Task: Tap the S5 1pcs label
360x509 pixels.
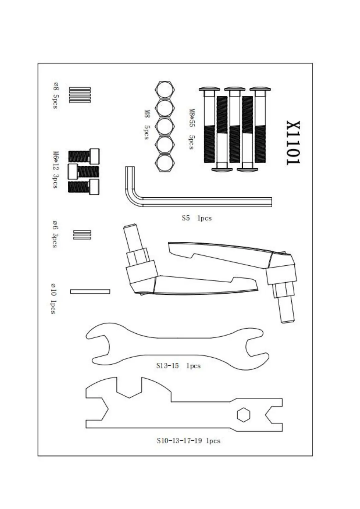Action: [196, 218]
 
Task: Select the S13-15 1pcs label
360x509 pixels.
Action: [178, 366]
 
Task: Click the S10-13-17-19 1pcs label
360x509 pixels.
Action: [188, 441]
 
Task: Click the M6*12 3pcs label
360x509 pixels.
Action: [55, 170]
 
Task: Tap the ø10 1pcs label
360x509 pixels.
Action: [54, 298]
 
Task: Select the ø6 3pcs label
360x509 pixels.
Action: [55, 234]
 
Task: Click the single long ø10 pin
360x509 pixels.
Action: [90, 291]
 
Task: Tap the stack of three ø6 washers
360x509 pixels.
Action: [82, 235]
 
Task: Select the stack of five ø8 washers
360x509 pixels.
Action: [80, 95]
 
